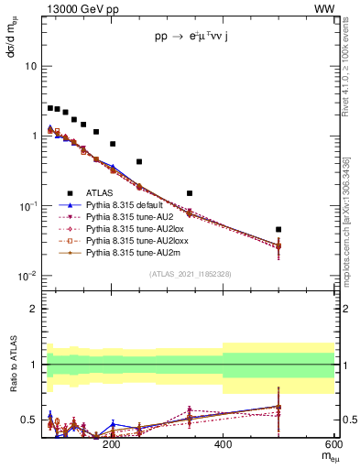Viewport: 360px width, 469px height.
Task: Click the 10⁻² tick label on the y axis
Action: tap(27, 277)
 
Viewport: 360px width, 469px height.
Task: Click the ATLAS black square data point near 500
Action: tap(278, 229)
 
